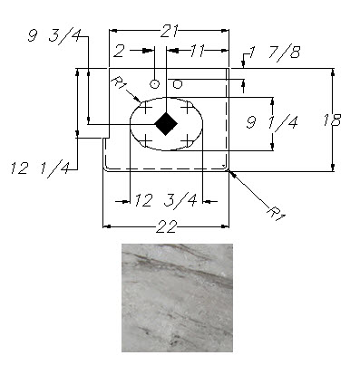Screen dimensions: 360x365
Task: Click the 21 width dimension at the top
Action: (169, 31)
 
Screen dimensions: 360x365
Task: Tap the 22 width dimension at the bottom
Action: (166, 226)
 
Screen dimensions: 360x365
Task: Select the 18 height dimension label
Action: (332, 120)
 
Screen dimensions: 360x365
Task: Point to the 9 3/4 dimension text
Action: (54, 36)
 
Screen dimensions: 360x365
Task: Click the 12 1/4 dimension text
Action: (40, 169)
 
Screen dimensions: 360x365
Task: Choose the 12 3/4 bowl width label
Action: (166, 200)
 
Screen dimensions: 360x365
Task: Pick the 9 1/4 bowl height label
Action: (272, 122)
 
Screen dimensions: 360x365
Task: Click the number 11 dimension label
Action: (198, 51)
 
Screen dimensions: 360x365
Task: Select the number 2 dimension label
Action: (119, 51)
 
